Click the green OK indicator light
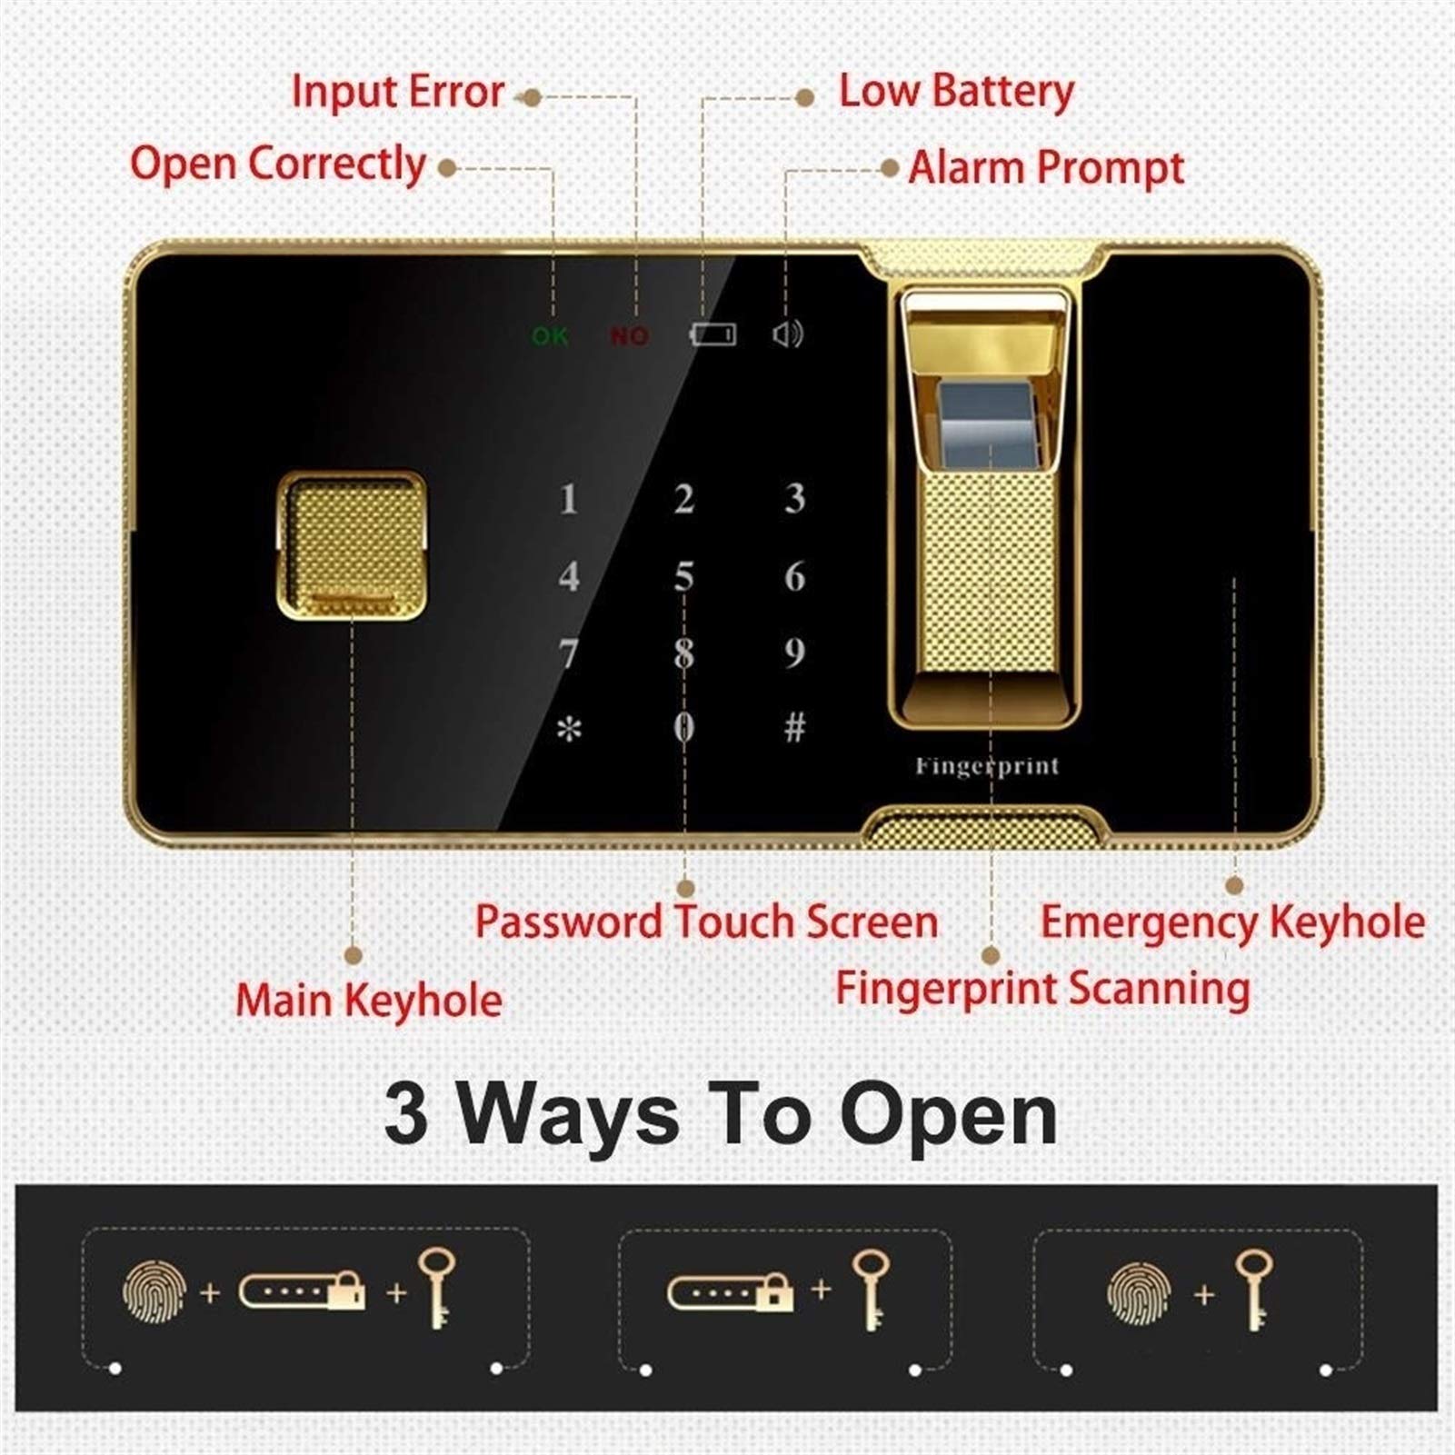[x=550, y=336]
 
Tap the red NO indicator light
[x=629, y=336]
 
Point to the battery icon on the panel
[x=713, y=334]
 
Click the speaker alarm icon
[x=787, y=334]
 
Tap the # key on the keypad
[x=794, y=727]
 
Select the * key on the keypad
[x=569, y=729]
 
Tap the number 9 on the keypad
[x=794, y=653]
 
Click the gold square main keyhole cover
[x=352, y=545]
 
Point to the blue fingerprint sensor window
[x=985, y=425]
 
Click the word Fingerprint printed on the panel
[x=987, y=766]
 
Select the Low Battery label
[x=956, y=92]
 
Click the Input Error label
[x=397, y=92]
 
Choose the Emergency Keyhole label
[x=1232, y=923]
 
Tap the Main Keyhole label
[x=369, y=1001]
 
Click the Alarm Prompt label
[x=1046, y=168]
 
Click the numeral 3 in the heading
[x=405, y=1115]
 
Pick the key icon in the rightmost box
[x=1254, y=1290]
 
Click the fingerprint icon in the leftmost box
[x=154, y=1291]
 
